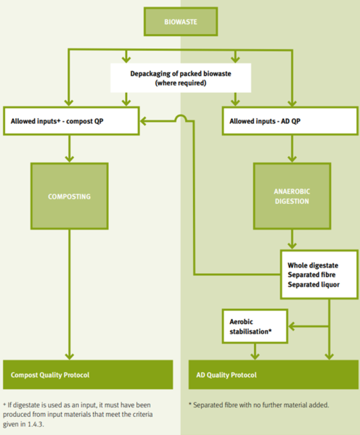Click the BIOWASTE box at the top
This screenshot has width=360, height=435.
pyautogui.click(x=180, y=21)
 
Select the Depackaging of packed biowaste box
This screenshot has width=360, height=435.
pyautogui.click(x=180, y=78)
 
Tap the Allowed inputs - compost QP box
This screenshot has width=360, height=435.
pyautogui.click(x=70, y=121)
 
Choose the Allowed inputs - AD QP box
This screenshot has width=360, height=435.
pyautogui.click(x=291, y=121)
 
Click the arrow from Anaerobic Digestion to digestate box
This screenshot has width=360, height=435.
pyautogui.click(x=291, y=241)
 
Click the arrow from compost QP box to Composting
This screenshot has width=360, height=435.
pyautogui.click(x=69, y=148)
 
